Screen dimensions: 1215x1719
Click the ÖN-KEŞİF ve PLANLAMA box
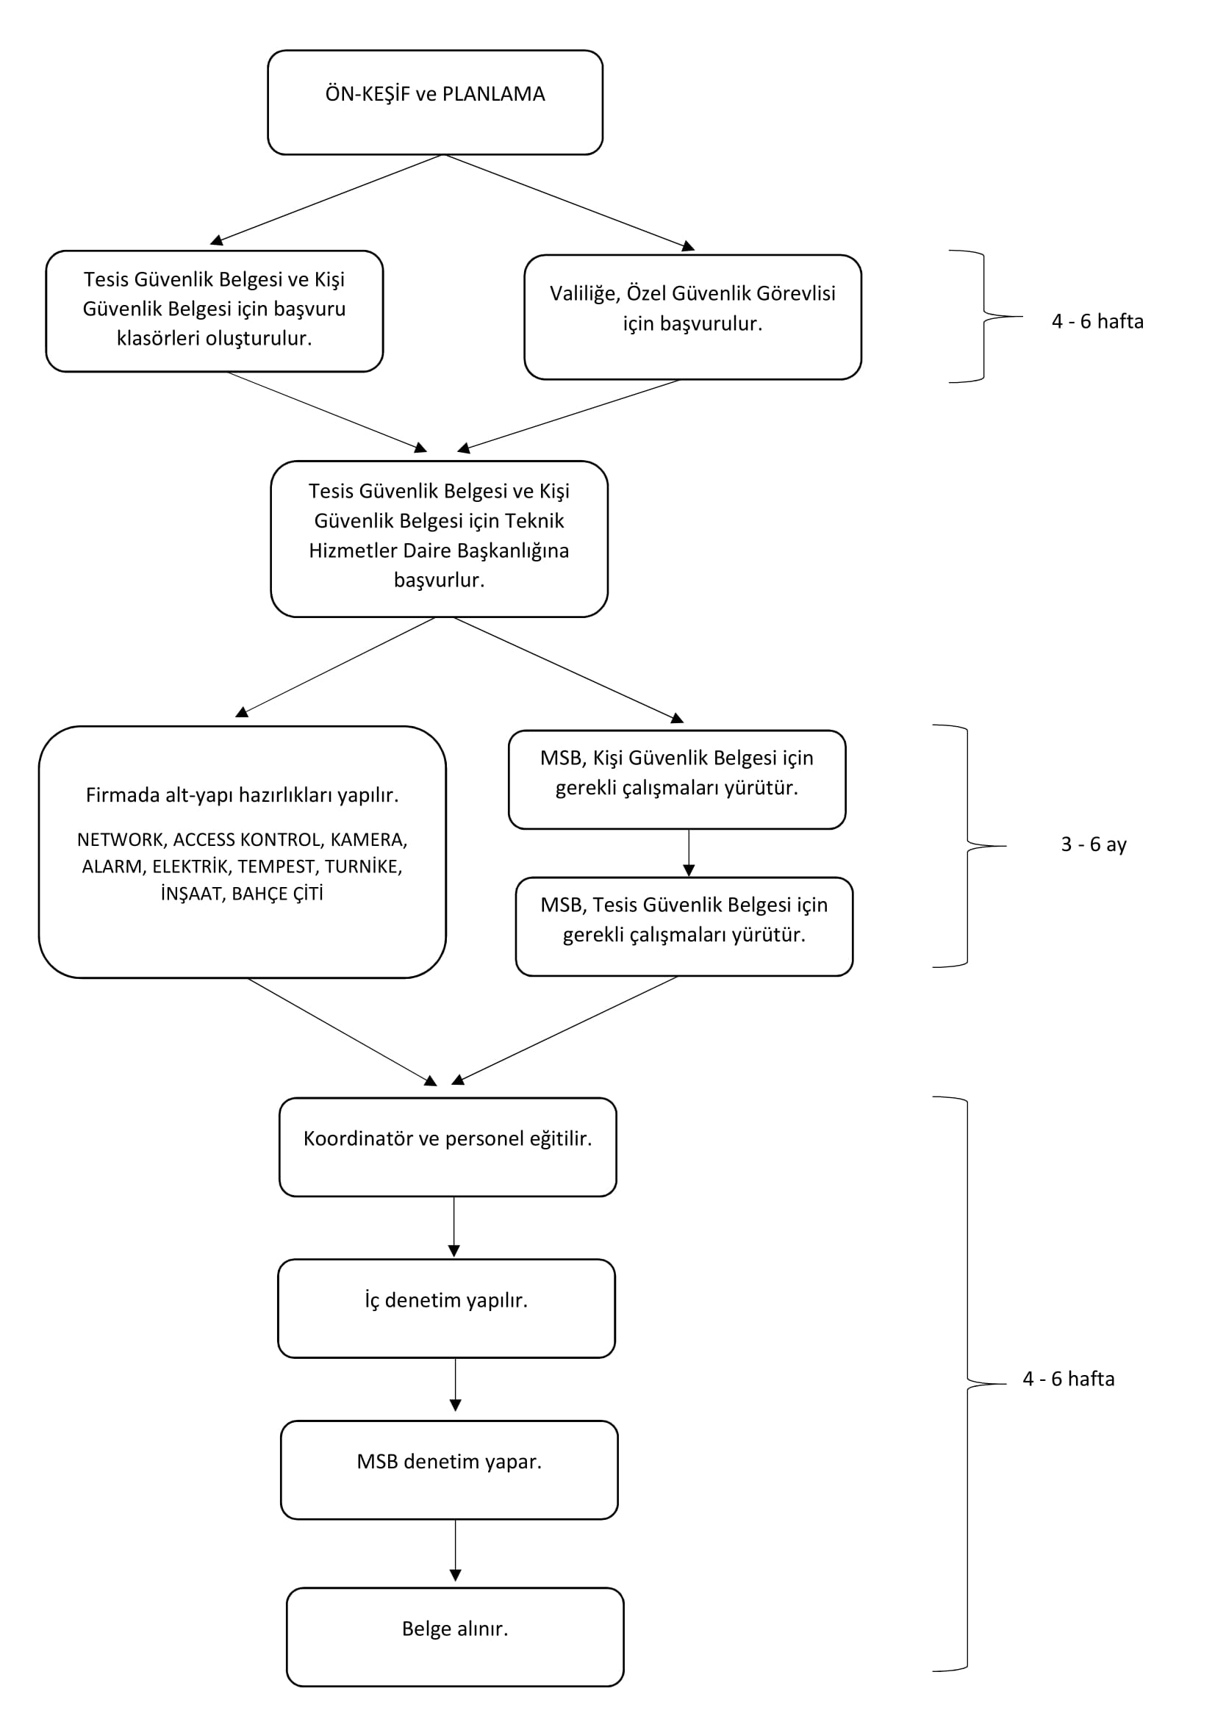point(435,103)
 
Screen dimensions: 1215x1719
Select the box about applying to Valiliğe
point(692,317)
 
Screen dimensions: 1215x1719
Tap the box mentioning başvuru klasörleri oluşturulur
point(214,311)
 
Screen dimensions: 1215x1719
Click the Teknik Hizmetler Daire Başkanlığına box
point(439,538)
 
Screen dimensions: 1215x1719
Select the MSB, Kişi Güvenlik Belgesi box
point(677,779)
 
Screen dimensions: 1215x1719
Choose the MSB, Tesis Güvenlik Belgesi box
point(684,926)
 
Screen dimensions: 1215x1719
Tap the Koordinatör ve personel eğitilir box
point(448,1147)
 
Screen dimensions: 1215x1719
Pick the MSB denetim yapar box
point(449,1470)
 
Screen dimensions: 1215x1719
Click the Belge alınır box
point(455,1637)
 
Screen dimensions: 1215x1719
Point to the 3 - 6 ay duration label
point(1094,844)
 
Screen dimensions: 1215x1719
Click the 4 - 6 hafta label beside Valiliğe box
point(1097,321)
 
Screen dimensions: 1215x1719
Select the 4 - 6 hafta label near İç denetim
point(1068,1379)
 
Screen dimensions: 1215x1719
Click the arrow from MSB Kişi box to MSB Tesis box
point(689,853)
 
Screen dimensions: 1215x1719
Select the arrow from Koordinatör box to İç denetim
point(454,1228)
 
